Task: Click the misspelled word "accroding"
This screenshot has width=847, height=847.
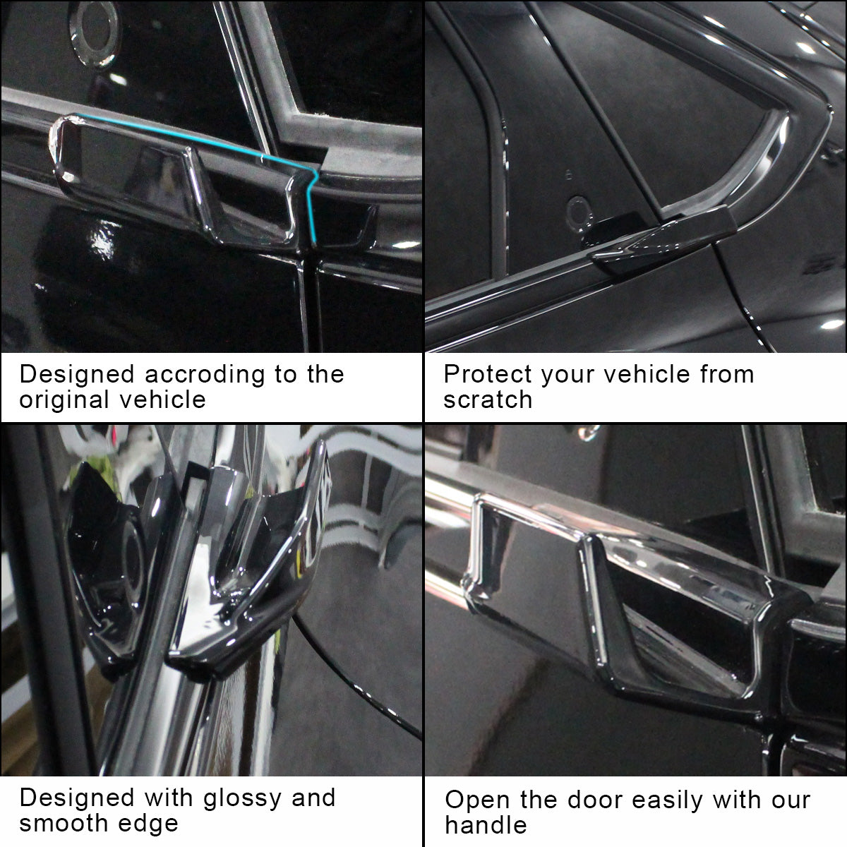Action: tap(205, 375)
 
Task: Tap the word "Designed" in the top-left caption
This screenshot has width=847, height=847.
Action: tap(77, 375)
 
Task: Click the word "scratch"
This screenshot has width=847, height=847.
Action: tap(488, 400)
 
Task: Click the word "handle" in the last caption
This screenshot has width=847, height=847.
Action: tap(486, 825)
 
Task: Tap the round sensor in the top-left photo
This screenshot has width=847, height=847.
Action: tap(94, 33)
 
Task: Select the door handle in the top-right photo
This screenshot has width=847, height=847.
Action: tap(659, 239)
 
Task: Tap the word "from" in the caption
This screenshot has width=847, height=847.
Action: tap(727, 374)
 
